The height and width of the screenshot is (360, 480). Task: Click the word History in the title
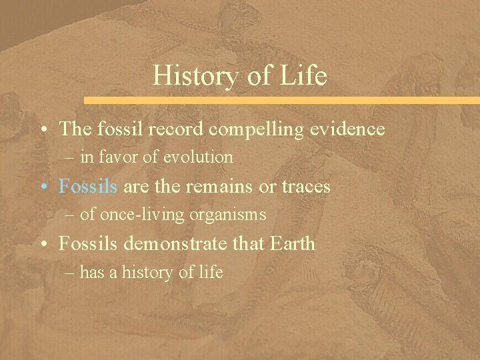tap(191, 76)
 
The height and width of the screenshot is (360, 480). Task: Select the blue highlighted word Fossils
tap(88, 186)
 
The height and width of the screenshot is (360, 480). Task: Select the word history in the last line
tap(147, 272)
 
